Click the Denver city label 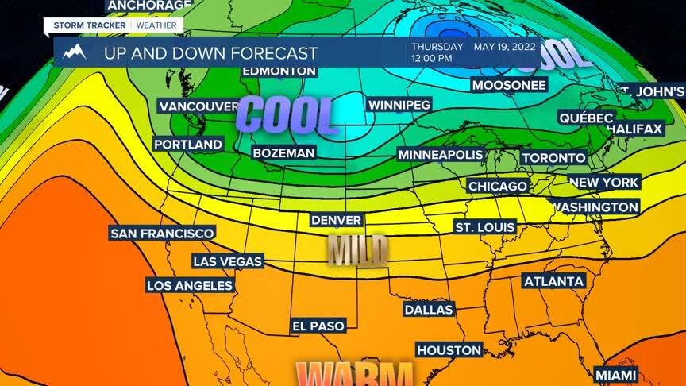[337, 220]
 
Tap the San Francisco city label [162, 233]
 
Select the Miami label [616, 374]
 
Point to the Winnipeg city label [399, 105]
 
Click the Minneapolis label [441, 154]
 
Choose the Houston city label [449, 349]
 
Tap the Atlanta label [554, 281]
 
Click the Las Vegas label [226, 261]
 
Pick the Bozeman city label [283, 152]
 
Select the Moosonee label [509, 84]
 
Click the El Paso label [318, 326]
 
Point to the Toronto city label [553, 158]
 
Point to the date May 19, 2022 [505, 47]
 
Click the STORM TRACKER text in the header [86, 25]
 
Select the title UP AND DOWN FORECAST [210, 53]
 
